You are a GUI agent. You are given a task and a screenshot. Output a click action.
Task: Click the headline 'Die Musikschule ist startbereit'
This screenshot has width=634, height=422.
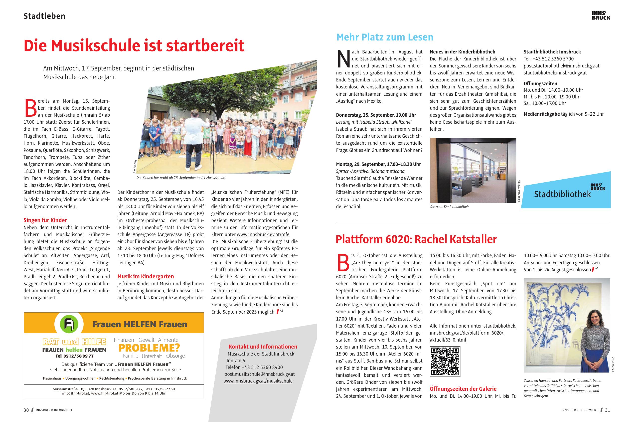134,45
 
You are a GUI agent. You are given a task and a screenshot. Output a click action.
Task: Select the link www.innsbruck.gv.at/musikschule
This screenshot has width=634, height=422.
258,381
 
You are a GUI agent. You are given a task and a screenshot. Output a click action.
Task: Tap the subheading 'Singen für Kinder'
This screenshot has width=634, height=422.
45,220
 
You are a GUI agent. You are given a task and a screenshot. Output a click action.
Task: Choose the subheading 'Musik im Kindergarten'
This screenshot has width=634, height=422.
146,276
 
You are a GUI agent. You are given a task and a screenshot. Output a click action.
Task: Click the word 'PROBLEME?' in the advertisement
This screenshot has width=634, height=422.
149,348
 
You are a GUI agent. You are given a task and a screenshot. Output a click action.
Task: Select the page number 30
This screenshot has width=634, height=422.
26,410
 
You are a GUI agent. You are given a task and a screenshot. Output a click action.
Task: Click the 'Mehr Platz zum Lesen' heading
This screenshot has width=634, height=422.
385,37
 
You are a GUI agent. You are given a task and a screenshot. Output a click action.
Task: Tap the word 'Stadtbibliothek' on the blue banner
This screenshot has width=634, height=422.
562,194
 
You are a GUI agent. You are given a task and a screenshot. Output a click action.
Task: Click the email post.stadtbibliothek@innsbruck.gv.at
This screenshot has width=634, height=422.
561,66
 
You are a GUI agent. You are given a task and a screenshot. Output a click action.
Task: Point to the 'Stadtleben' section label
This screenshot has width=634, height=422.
44,16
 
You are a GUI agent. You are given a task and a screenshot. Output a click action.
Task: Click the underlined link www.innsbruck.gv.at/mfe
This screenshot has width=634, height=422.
263,234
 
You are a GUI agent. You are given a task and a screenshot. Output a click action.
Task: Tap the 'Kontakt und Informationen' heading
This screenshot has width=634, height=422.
263,347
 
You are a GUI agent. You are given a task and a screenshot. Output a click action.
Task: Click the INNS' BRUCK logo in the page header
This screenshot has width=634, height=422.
601,15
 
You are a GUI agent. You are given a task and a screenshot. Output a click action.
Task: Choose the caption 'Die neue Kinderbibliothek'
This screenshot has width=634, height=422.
449,206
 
